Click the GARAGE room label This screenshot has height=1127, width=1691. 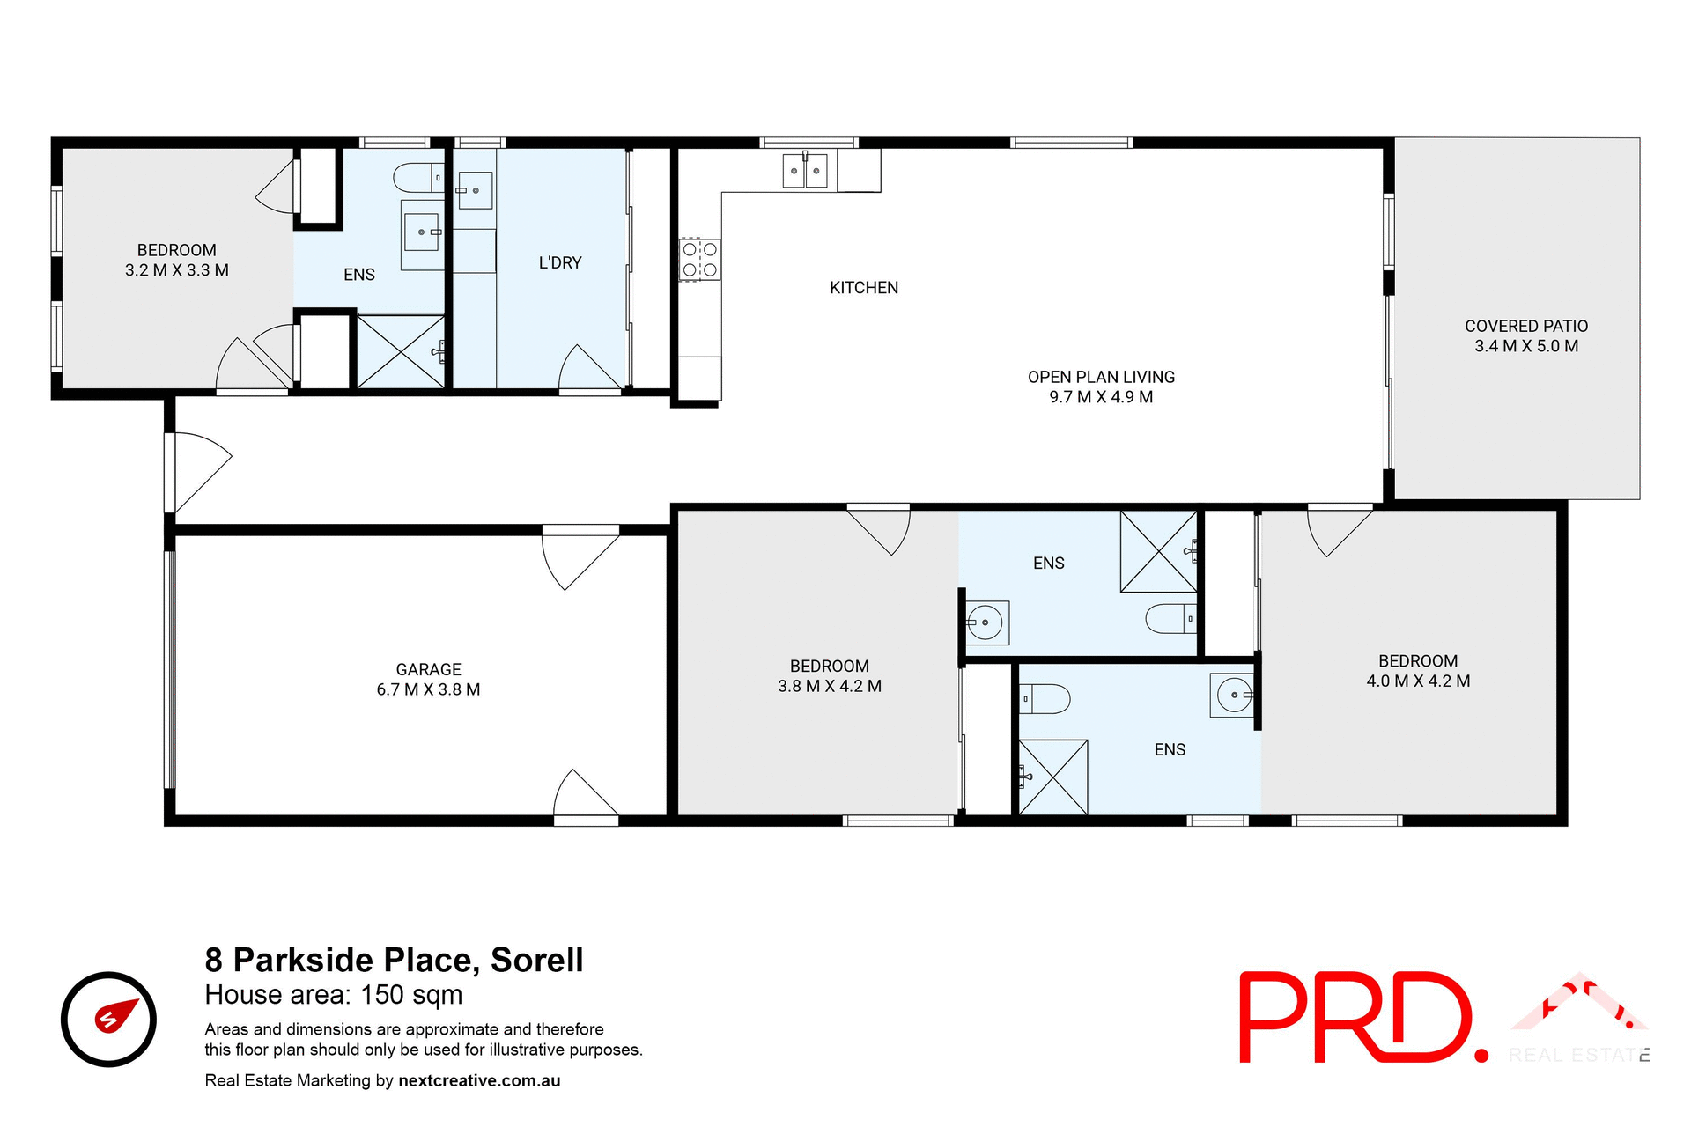(x=428, y=669)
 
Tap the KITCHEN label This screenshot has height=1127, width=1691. (x=863, y=288)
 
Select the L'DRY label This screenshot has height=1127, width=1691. (x=560, y=262)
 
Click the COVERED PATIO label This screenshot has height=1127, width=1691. (x=1525, y=326)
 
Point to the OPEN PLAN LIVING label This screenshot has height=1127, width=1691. (x=1101, y=377)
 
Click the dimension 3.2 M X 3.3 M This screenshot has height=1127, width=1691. (x=176, y=270)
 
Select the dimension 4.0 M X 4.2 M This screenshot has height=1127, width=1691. (x=1417, y=681)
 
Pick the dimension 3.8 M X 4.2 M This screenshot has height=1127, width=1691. (x=829, y=686)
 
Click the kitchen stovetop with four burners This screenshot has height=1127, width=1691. (x=700, y=260)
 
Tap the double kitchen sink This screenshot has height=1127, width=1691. (x=805, y=170)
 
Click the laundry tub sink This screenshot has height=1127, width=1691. (x=474, y=190)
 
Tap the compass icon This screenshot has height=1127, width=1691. (x=108, y=1019)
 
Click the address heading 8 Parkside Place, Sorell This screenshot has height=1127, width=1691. (x=394, y=960)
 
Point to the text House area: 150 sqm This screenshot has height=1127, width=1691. (x=333, y=995)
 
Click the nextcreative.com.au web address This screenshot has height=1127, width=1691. (x=479, y=1080)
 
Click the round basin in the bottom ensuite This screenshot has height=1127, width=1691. (x=1233, y=696)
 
